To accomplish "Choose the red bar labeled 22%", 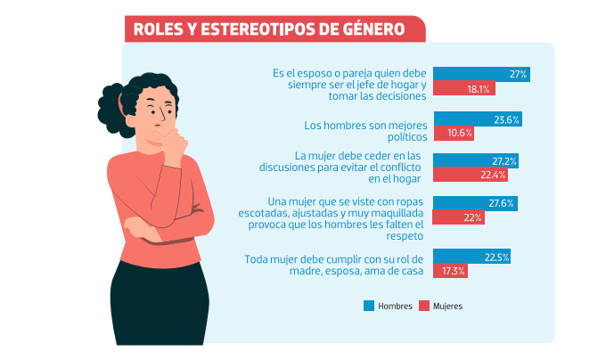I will coord(458,217).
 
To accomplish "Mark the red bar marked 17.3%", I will coord(450,270).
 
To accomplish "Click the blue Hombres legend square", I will coord(368,306).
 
